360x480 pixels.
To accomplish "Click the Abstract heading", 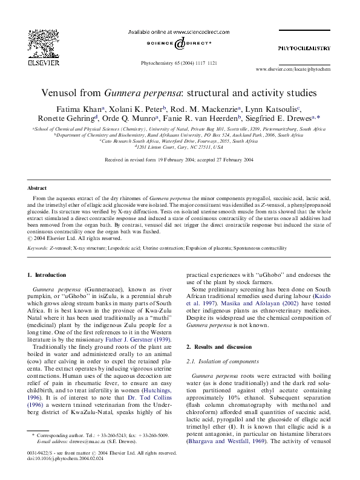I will tap(38, 189).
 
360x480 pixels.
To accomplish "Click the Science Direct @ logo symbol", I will tap(180, 44).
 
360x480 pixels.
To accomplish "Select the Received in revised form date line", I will tap(180, 160).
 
